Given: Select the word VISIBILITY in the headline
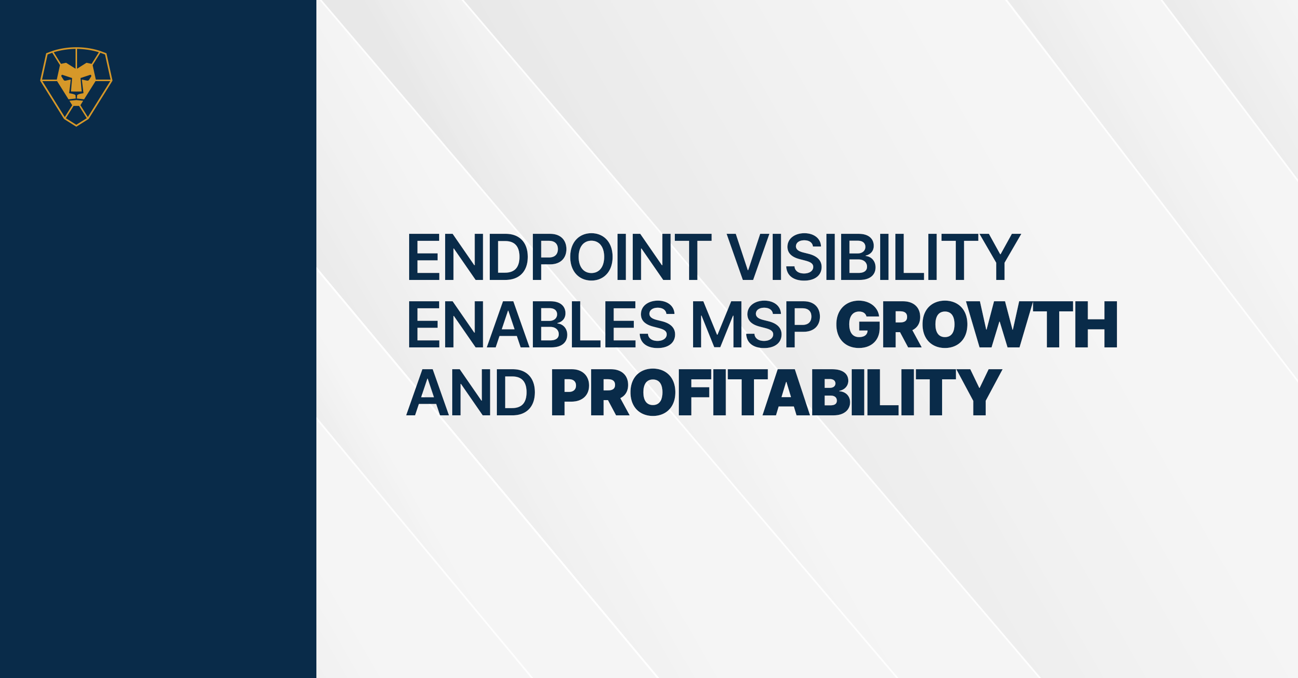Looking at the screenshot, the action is click(x=874, y=257).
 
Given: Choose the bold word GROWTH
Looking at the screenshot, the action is click(x=977, y=325).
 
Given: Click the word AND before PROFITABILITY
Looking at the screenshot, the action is click(x=471, y=392).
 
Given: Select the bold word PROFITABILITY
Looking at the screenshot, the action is click(x=777, y=392).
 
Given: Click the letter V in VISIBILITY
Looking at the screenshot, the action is click(x=748, y=257).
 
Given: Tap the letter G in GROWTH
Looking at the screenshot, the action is click(x=858, y=325).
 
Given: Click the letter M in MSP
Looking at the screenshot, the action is click(x=717, y=325).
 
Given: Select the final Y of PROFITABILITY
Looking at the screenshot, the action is click(x=979, y=392).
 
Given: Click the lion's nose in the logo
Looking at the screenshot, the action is click(x=76, y=90).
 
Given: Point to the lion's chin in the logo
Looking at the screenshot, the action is click(x=76, y=103).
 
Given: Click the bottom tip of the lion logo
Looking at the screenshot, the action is click(x=76, y=125).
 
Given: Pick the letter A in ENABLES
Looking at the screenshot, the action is click(x=508, y=325).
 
